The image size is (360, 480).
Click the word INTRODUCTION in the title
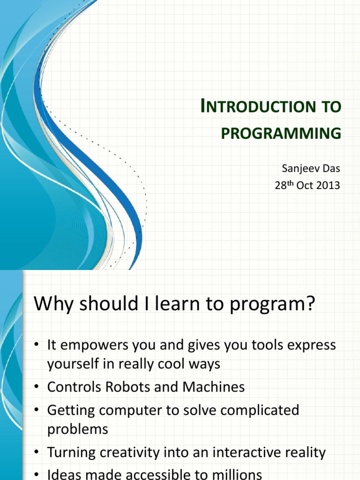(258, 106)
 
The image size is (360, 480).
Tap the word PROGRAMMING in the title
(281, 133)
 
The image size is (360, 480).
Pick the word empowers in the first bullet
(95, 345)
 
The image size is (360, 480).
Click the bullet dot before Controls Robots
(37, 387)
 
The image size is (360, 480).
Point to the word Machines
(214, 387)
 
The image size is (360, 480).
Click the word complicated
(260, 411)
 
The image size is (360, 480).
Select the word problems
(78, 429)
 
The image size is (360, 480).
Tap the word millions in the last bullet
(239, 474)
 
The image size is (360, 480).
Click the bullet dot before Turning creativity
(37, 452)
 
